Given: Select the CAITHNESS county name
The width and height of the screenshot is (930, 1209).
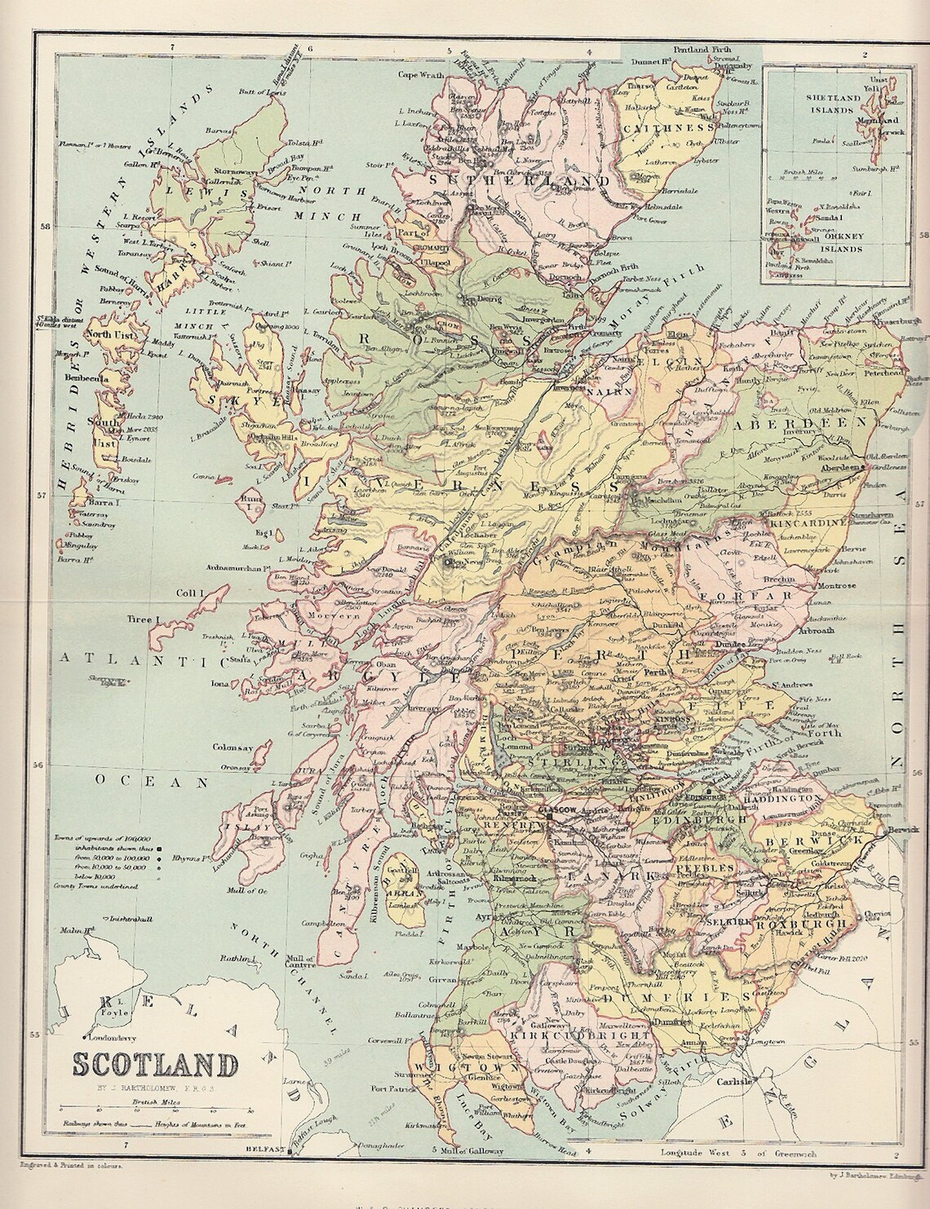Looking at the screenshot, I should [667, 127].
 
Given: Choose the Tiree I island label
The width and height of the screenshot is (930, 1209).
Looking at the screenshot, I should [140, 620].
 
